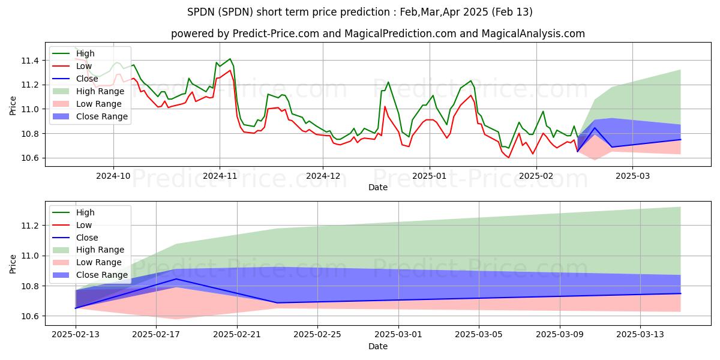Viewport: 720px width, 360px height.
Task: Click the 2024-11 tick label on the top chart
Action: (219, 176)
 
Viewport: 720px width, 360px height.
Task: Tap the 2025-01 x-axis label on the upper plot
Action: (428, 176)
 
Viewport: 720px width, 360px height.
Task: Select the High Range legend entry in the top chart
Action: (100, 91)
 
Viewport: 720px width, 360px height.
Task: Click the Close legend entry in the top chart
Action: (87, 79)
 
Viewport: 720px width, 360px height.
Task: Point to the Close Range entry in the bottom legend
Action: (102, 275)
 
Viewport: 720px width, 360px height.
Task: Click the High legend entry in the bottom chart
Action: (85, 212)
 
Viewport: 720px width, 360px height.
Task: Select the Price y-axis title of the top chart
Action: (13, 106)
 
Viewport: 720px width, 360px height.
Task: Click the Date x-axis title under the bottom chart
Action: (378, 346)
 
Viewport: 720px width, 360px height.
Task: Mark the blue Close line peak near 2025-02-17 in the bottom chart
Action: (176, 279)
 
